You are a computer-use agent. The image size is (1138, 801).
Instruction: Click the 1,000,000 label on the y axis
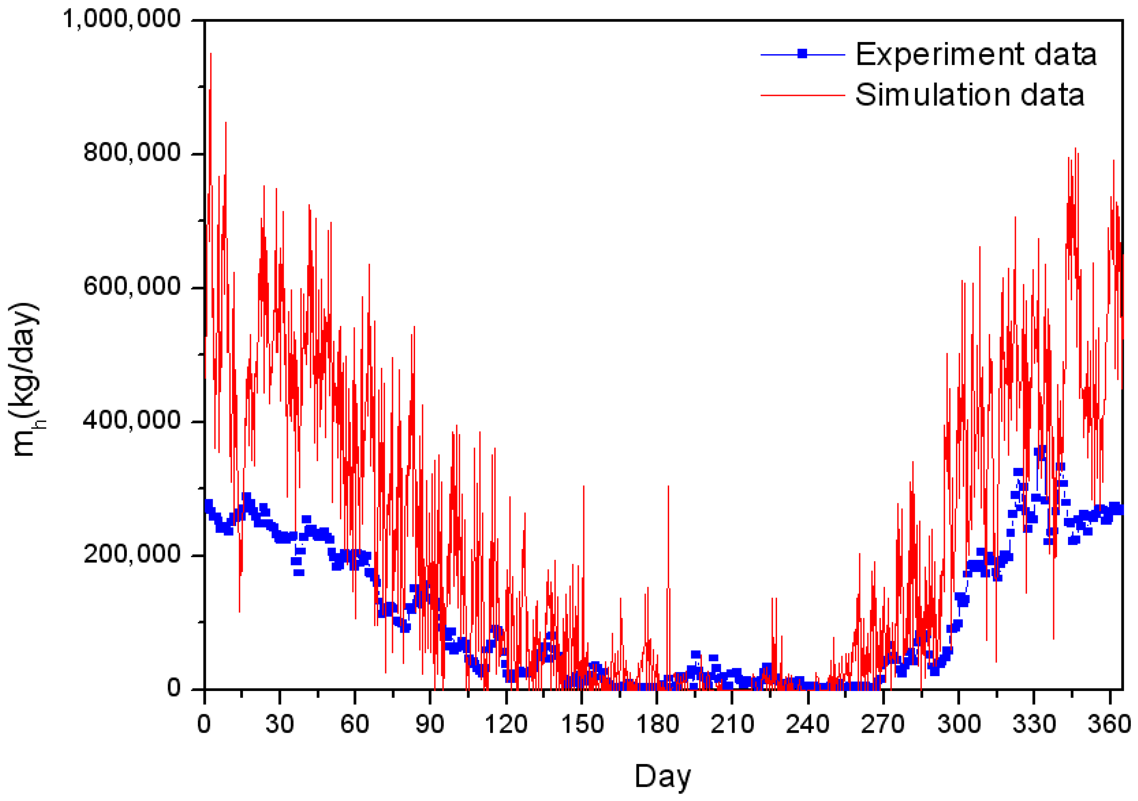(121, 19)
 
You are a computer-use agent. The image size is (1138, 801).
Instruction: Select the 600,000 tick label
(131, 286)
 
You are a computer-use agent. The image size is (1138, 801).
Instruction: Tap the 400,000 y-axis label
(131, 420)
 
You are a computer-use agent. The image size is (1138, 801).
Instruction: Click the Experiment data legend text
(975, 55)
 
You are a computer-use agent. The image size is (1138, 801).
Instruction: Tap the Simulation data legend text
(969, 95)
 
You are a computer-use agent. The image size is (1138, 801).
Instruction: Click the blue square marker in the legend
(803, 54)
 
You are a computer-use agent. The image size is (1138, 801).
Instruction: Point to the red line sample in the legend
(803, 95)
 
